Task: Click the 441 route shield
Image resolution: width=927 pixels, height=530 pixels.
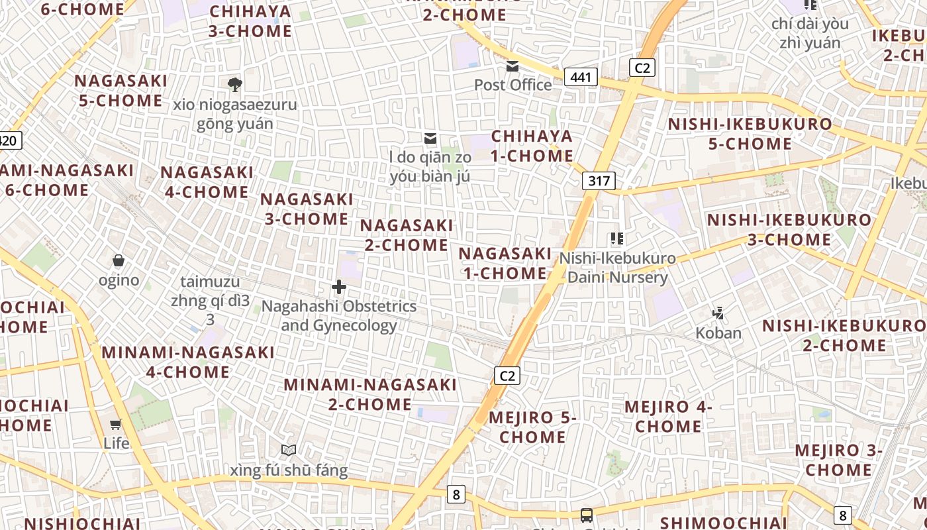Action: click(x=581, y=78)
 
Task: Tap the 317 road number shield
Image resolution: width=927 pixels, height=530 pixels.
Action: click(x=599, y=181)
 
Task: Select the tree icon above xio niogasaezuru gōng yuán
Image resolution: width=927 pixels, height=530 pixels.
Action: click(x=234, y=84)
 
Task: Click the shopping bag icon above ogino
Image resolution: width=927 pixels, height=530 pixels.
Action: click(x=119, y=260)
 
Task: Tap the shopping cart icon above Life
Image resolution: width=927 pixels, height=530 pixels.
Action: click(x=116, y=424)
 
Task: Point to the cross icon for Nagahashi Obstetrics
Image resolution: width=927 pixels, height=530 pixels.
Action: click(x=339, y=287)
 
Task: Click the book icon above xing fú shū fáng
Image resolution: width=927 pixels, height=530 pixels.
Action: click(x=289, y=450)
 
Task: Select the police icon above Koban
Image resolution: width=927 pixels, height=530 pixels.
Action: click(x=718, y=313)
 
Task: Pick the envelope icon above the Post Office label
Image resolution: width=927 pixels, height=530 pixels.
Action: click(x=512, y=66)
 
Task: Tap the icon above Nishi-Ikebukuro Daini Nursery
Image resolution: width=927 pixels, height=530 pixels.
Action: click(x=617, y=238)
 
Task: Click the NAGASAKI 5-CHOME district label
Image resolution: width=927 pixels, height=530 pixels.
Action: click(x=121, y=91)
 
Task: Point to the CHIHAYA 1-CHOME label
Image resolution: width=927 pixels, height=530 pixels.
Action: click(x=532, y=146)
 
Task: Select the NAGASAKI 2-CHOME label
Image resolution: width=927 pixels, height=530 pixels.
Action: click(x=407, y=235)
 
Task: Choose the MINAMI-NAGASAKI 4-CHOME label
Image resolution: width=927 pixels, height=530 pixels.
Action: click(x=188, y=362)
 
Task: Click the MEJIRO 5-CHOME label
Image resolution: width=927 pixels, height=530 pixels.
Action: click(x=533, y=427)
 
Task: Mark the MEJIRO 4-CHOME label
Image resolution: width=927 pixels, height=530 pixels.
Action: click(x=668, y=416)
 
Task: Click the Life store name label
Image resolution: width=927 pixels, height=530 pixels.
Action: click(x=116, y=443)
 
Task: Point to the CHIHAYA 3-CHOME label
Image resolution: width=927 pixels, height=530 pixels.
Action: click(x=250, y=21)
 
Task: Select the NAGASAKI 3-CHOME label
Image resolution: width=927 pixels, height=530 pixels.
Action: click(x=307, y=209)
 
